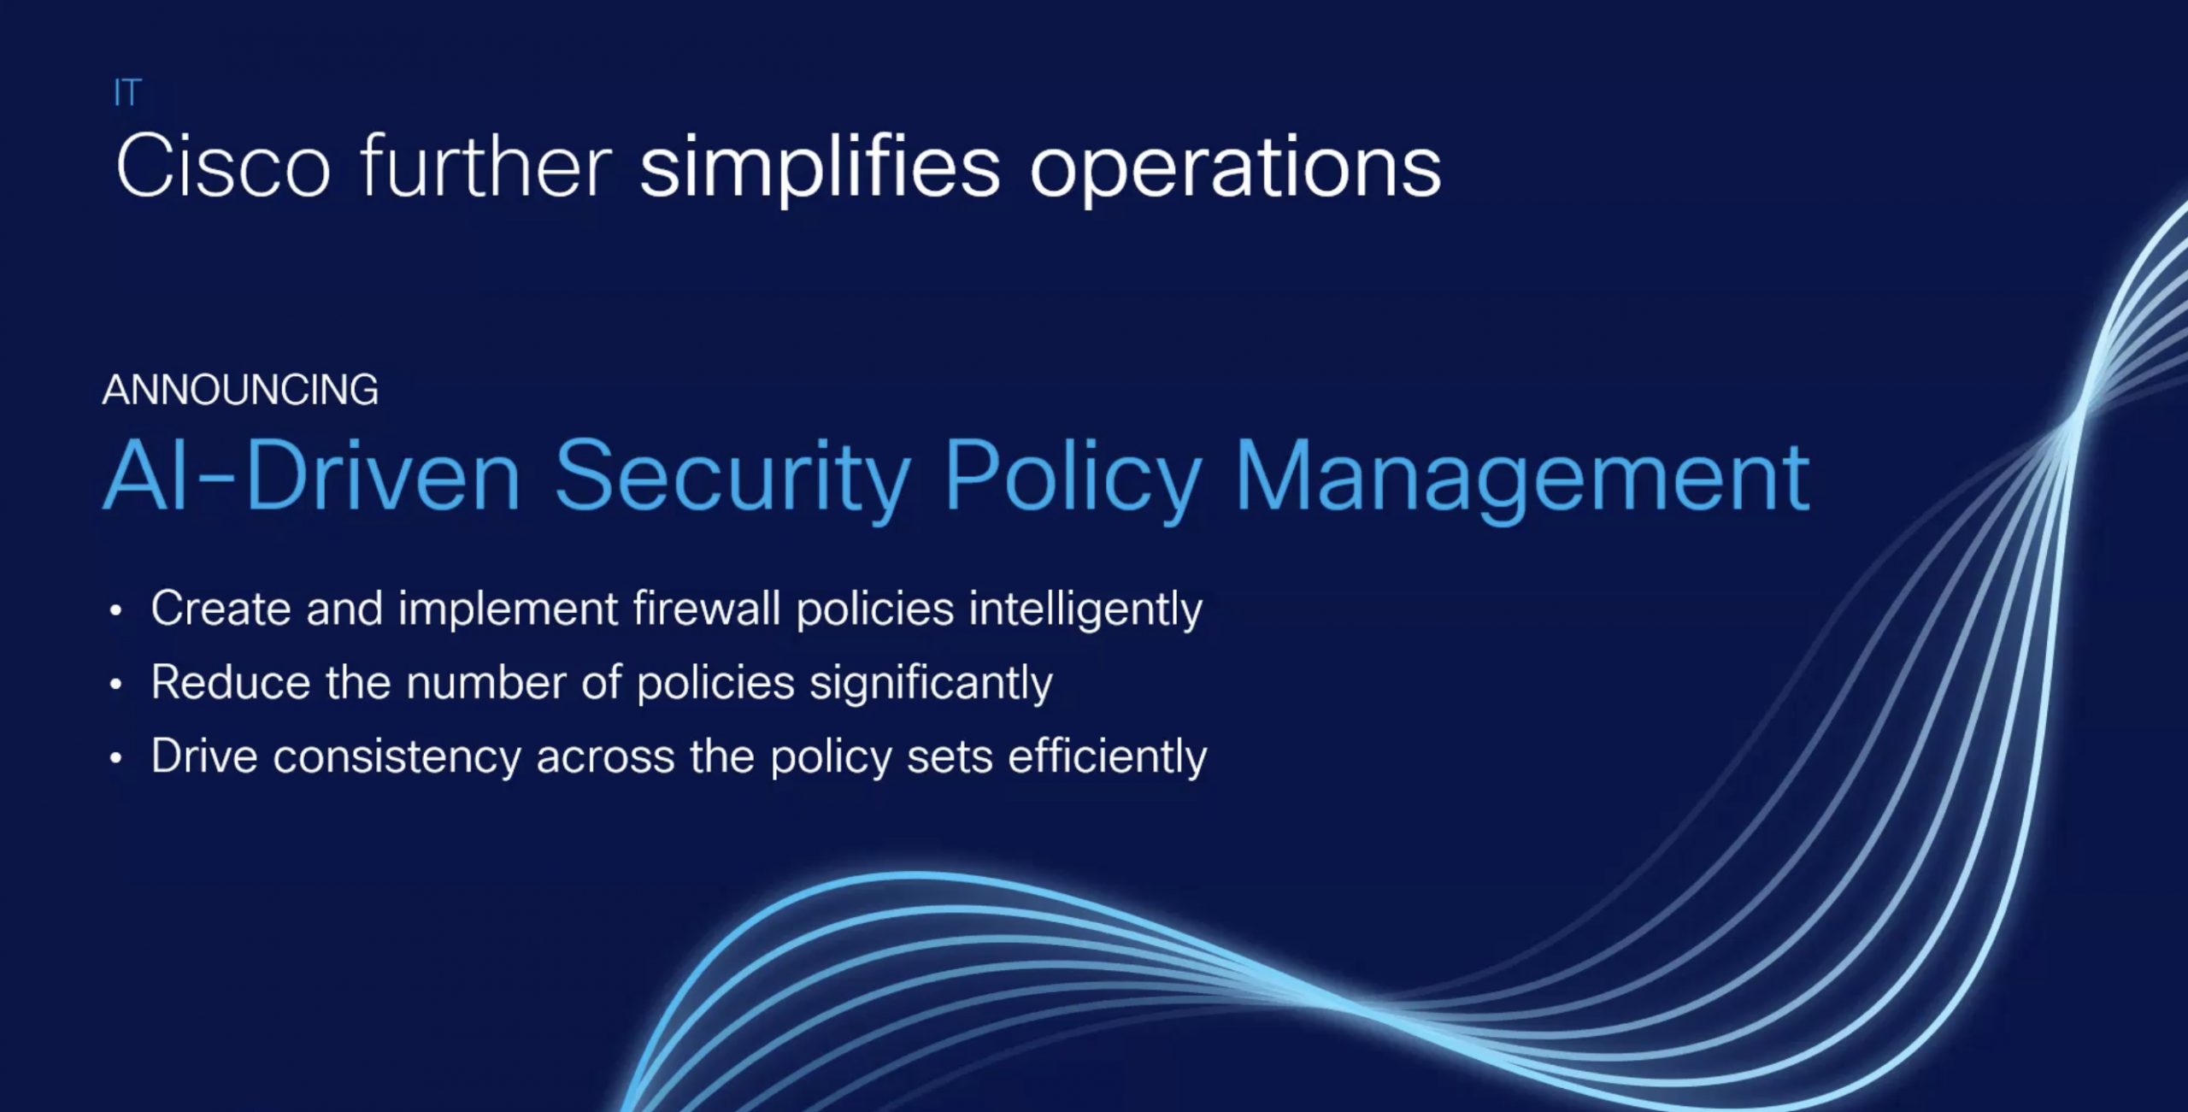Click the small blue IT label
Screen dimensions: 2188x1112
tap(127, 92)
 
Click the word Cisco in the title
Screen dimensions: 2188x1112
tap(224, 167)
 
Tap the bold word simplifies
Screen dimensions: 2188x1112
tap(820, 168)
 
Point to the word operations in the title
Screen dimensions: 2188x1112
tap(1236, 168)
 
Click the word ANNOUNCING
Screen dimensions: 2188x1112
tap(240, 390)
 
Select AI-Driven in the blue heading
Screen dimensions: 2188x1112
tap(312, 476)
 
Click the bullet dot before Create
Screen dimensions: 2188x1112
tap(116, 610)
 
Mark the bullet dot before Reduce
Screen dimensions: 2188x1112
tap(116, 684)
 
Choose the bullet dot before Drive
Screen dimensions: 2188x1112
tap(116, 758)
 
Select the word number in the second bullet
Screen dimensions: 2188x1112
tap(486, 683)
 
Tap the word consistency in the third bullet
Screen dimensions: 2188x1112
tap(397, 758)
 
